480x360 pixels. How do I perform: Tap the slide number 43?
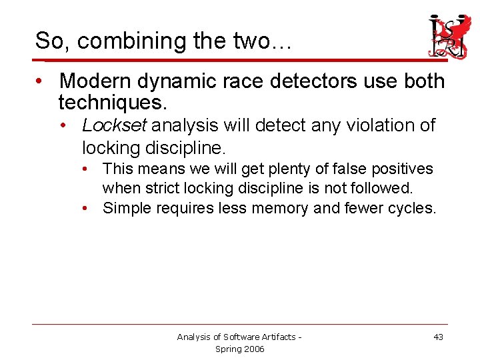coord(438,337)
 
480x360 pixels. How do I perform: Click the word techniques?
coord(113,103)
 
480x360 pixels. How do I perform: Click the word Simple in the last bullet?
coord(127,208)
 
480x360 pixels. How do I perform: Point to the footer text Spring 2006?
coord(239,349)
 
